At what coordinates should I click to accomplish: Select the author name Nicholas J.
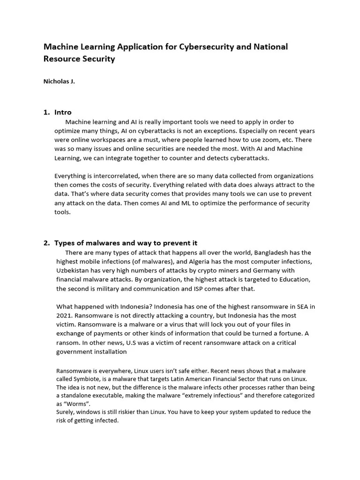59,81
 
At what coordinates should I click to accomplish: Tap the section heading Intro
63,112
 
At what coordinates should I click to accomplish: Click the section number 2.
46,243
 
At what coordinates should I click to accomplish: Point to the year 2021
63,315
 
